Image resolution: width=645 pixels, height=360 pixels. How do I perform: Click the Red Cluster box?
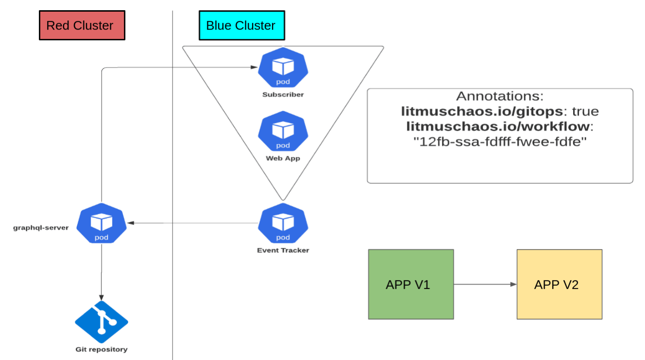click(x=82, y=26)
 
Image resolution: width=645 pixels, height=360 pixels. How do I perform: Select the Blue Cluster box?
click(x=241, y=26)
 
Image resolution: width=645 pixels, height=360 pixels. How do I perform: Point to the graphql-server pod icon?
click(x=102, y=223)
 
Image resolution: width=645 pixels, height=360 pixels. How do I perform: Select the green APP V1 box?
click(x=410, y=284)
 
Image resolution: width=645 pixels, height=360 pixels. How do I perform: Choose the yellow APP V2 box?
click(x=559, y=284)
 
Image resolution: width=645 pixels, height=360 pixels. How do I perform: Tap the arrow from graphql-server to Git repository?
click(x=102, y=272)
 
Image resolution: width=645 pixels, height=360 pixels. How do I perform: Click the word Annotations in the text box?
click(x=500, y=96)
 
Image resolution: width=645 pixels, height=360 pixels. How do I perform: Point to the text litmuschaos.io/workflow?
click(x=498, y=127)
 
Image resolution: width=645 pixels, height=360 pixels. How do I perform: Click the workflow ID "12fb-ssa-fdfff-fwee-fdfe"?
click(x=500, y=143)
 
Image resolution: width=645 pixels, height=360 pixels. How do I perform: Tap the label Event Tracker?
click(x=283, y=251)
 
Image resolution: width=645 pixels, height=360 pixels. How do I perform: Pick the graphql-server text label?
click(x=41, y=227)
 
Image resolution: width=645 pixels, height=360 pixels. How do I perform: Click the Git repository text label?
click(x=102, y=349)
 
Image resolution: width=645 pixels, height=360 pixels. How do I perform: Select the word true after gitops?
click(x=585, y=112)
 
